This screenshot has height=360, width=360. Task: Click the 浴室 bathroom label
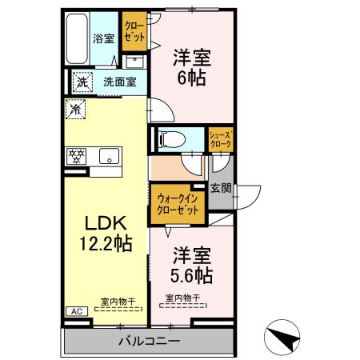(x=103, y=38)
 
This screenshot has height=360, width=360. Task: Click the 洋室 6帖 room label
(x=193, y=67)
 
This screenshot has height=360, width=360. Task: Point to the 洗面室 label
(x=118, y=81)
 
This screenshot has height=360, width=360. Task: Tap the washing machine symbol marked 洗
(x=82, y=81)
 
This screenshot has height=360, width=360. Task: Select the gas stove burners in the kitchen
(x=77, y=156)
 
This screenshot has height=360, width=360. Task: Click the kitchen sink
(x=107, y=156)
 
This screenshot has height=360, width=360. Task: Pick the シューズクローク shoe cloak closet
(x=220, y=139)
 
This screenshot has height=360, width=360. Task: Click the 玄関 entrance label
(x=221, y=189)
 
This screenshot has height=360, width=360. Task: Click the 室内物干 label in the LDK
(x=117, y=302)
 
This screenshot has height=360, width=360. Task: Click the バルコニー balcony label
(x=149, y=341)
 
